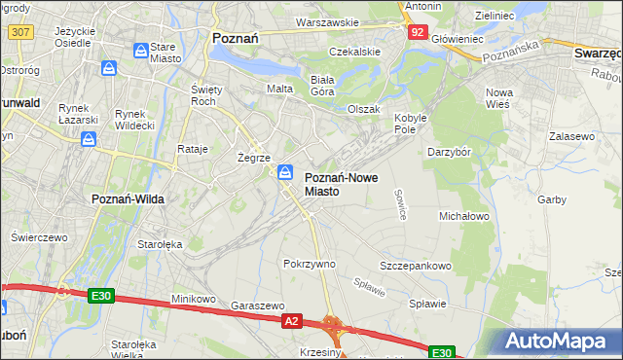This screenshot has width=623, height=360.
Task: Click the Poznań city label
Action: [x=234, y=38]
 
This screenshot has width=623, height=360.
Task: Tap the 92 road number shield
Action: [x=418, y=31]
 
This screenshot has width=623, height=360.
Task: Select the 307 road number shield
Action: [x=18, y=31]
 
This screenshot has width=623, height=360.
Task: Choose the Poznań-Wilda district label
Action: [x=127, y=198]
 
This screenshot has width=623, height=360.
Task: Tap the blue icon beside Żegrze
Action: [x=285, y=172]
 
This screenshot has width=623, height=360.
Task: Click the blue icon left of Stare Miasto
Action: [x=141, y=49]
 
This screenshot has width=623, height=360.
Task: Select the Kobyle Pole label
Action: [x=412, y=124]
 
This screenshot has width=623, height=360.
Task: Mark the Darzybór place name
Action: [x=450, y=152]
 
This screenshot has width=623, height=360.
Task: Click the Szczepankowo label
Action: [x=416, y=266]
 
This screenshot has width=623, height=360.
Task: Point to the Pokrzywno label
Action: [x=309, y=264]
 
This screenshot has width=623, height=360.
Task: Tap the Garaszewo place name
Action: [x=257, y=305]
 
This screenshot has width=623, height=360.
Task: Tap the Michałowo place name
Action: [x=463, y=215]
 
